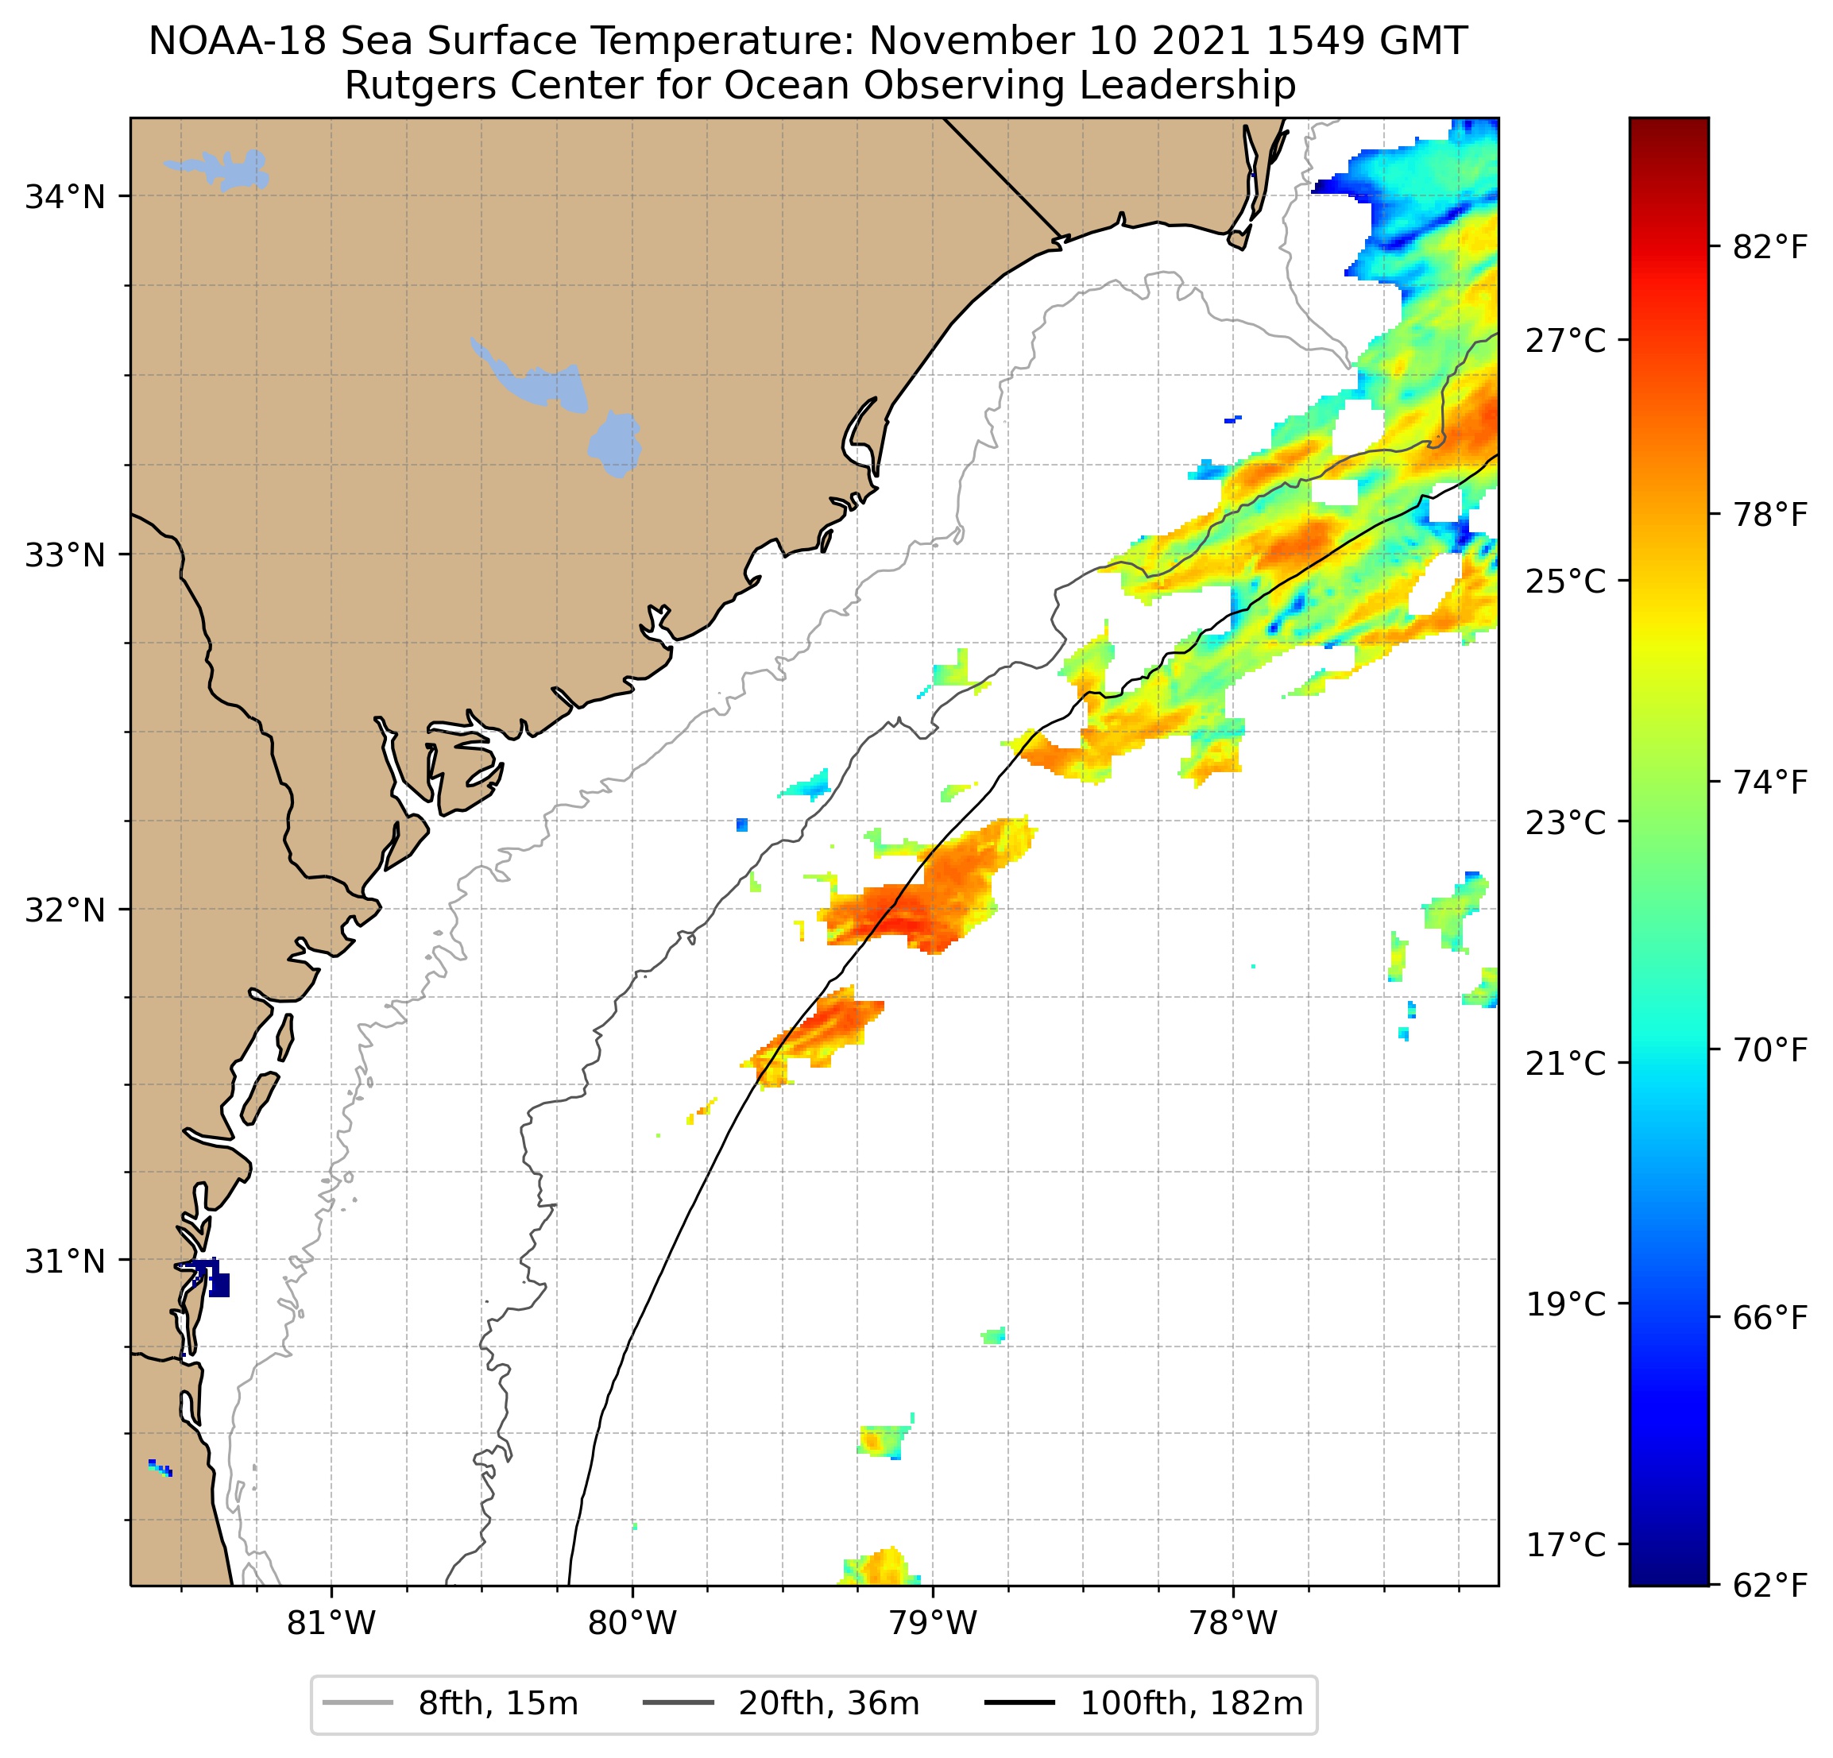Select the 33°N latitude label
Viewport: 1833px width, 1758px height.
coord(64,554)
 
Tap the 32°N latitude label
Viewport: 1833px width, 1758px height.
coord(64,909)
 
